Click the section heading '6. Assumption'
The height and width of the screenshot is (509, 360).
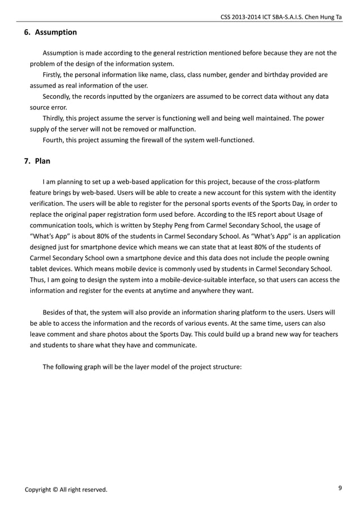click(x=50, y=32)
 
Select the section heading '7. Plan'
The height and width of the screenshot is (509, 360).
click(x=37, y=161)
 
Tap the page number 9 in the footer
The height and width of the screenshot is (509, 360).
click(x=340, y=489)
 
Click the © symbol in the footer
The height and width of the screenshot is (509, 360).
click(x=55, y=489)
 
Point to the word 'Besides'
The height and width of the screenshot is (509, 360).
click(x=55, y=311)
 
